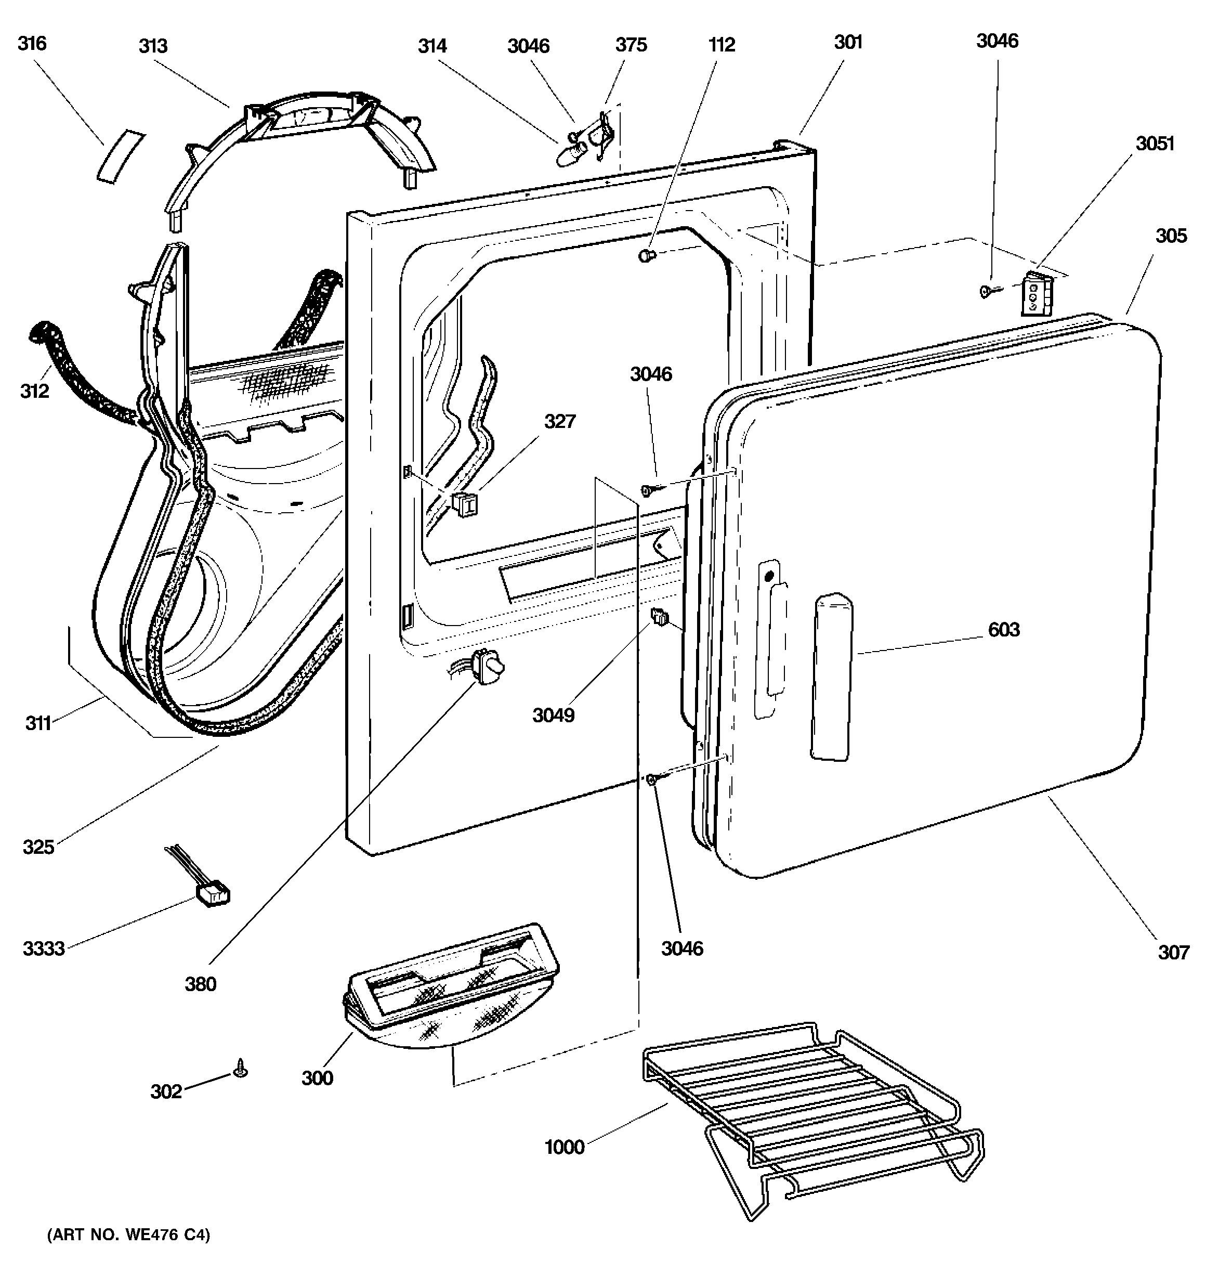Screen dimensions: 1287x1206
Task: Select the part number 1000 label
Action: (565, 1147)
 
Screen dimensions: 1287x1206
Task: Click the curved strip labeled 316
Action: (121, 156)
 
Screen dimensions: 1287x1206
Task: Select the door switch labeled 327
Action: (465, 504)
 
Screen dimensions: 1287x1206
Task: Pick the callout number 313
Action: (153, 46)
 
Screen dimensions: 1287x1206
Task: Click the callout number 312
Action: (34, 391)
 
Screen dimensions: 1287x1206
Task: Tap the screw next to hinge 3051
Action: (987, 292)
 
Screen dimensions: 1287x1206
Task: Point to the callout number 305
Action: (1171, 236)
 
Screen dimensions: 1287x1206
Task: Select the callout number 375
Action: (631, 45)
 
